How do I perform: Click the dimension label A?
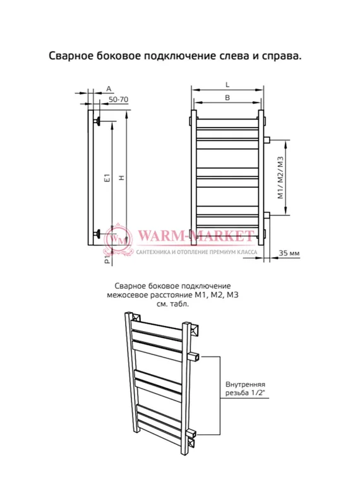coord(109,89)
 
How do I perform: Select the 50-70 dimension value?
coord(119,100)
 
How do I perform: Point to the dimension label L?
coord(227,85)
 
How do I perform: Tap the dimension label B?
coord(227,98)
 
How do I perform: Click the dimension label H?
coord(122,178)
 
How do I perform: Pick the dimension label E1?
coord(107,178)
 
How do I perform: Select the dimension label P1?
coord(107,259)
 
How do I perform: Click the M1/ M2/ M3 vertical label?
coord(280,178)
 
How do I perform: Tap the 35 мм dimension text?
coord(289,253)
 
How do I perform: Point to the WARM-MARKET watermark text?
coord(196,236)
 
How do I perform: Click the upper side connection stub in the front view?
coord(267,140)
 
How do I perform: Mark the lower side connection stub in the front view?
coord(267,215)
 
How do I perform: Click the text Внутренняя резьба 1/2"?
coord(246,389)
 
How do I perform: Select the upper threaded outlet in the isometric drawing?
coord(195,357)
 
